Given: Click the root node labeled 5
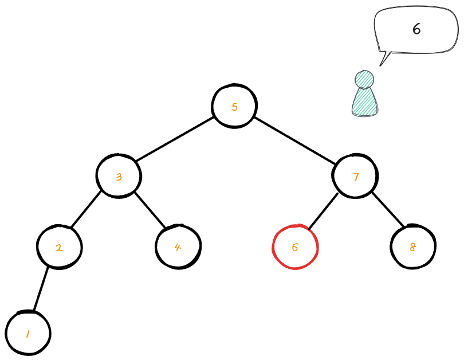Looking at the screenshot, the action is click(234, 106).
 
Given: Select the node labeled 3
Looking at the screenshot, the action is click(119, 176).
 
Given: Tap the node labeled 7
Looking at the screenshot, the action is click(355, 176).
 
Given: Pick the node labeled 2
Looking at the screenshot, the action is click(59, 248).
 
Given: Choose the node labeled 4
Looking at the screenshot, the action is click(178, 247).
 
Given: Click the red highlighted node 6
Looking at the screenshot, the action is click(295, 247).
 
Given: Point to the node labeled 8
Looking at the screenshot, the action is click(413, 247).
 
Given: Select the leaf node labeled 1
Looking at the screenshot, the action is click(28, 333).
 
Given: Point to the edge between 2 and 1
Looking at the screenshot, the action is click(41, 290).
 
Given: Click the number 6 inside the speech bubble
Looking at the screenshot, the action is click(416, 29).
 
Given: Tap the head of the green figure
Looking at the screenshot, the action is click(364, 79).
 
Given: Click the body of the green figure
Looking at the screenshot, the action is click(365, 102).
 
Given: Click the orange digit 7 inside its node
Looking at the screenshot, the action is click(355, 177).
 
